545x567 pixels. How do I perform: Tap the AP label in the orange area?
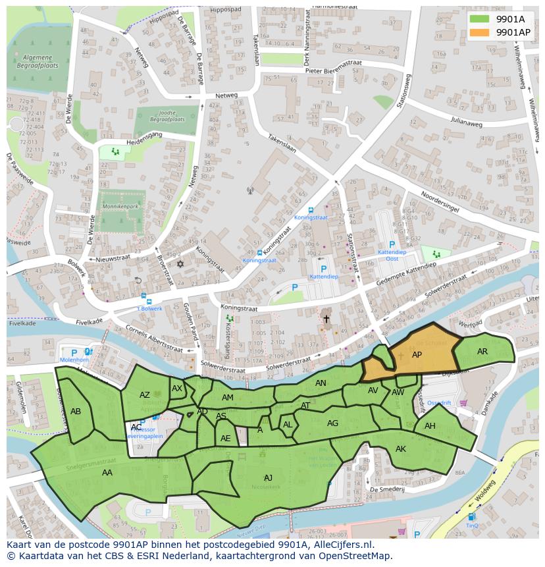click(x=417, y=355)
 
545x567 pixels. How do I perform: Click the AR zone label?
click(x=482, y=352)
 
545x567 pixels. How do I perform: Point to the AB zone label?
click(x=76, y=412)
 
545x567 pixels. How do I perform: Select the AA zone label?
click(x=107, y=472)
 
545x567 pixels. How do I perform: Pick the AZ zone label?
click(x=145, y=395)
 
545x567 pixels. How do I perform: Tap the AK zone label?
click(x=401, y=449)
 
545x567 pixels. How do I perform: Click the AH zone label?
click(x=430, y=426)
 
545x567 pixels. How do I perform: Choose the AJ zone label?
click(x=268, y=477)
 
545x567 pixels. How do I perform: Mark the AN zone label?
click(x=321, y=383)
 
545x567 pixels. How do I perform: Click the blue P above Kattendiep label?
click(x=323, y=269)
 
